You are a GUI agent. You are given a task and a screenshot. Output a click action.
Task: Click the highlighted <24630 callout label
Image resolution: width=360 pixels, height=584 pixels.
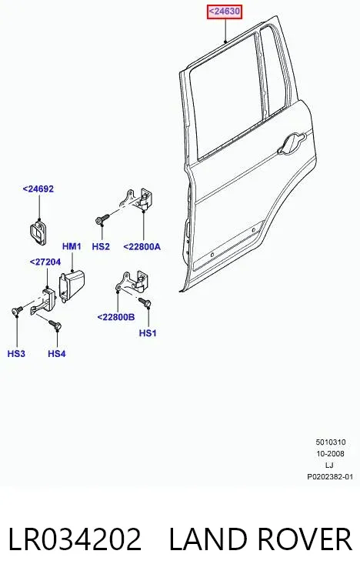225,12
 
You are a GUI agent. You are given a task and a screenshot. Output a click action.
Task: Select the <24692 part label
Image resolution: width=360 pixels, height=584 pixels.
38,189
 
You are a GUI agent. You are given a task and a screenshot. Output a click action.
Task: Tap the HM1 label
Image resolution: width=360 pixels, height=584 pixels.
72,246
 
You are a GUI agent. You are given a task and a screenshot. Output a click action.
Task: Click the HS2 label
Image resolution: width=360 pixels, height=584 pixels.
101,246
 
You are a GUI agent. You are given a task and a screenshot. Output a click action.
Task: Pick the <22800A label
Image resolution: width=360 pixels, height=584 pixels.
142,246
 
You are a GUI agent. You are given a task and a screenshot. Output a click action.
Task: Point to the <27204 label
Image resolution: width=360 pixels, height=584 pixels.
45,262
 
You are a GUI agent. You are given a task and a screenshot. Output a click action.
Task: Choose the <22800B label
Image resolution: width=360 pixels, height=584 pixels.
116,317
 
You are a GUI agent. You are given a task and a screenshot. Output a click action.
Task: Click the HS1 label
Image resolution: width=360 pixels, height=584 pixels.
148,333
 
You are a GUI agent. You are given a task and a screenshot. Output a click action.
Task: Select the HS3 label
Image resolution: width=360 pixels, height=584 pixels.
16,353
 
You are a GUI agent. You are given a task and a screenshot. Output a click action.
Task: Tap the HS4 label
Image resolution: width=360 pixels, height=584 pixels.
57,353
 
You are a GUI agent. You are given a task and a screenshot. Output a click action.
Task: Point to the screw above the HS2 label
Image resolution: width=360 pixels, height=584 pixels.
102,219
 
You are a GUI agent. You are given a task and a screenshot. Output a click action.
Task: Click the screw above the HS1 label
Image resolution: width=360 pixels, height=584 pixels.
145,302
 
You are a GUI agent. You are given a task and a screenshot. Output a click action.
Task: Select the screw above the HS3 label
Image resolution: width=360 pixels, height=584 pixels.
18,310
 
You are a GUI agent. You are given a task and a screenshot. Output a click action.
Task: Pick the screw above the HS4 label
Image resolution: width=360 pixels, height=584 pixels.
55,325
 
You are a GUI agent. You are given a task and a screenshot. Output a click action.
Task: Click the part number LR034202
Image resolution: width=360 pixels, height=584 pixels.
75,539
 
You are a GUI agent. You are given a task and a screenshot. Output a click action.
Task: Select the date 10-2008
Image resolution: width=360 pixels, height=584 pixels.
330,454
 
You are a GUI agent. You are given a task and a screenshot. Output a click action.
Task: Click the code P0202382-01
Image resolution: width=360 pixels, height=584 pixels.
330,477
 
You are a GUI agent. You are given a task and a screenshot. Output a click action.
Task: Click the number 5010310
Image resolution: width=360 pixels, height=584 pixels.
331,442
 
